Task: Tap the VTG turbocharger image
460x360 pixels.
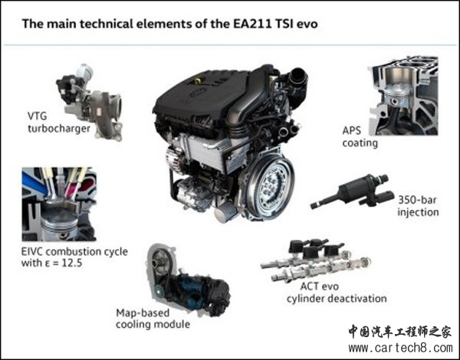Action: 90,102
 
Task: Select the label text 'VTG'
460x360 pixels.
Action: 38,116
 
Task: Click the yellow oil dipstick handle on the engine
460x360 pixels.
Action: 199,80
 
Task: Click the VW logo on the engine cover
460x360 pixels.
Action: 198,93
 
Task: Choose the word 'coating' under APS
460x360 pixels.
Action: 360,143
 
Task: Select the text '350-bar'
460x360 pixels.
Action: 418,200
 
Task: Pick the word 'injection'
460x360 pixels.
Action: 418,212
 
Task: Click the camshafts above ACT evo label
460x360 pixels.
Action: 316,261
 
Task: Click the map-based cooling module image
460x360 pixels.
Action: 188,280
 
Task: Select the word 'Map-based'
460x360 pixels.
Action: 143,313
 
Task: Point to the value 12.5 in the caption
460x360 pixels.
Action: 71,263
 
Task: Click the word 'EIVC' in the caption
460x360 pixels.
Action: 32,251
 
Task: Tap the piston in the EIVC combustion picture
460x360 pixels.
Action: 60,218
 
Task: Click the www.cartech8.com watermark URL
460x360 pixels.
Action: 401,348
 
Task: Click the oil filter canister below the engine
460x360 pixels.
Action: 226,211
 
